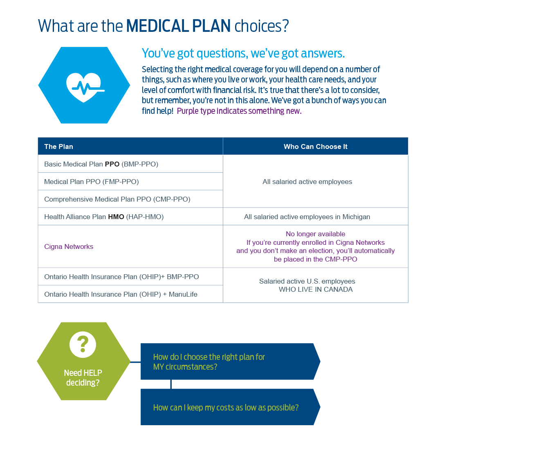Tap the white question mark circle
click(83, 344)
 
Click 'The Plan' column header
click(58, 146)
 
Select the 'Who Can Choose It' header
click(315, 146)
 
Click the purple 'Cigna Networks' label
click(69, 246)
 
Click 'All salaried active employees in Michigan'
click(307, 217)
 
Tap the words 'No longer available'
click(315, 234)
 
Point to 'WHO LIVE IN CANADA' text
click(316, 289)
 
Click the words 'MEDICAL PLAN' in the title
click(178, 26)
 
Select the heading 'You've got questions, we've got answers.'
click(243, 53)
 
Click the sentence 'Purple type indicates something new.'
click(239, 111)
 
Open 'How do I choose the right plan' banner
click(230, 362)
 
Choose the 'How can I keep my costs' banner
click(230, 407)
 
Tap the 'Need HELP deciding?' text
click(83, 377)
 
